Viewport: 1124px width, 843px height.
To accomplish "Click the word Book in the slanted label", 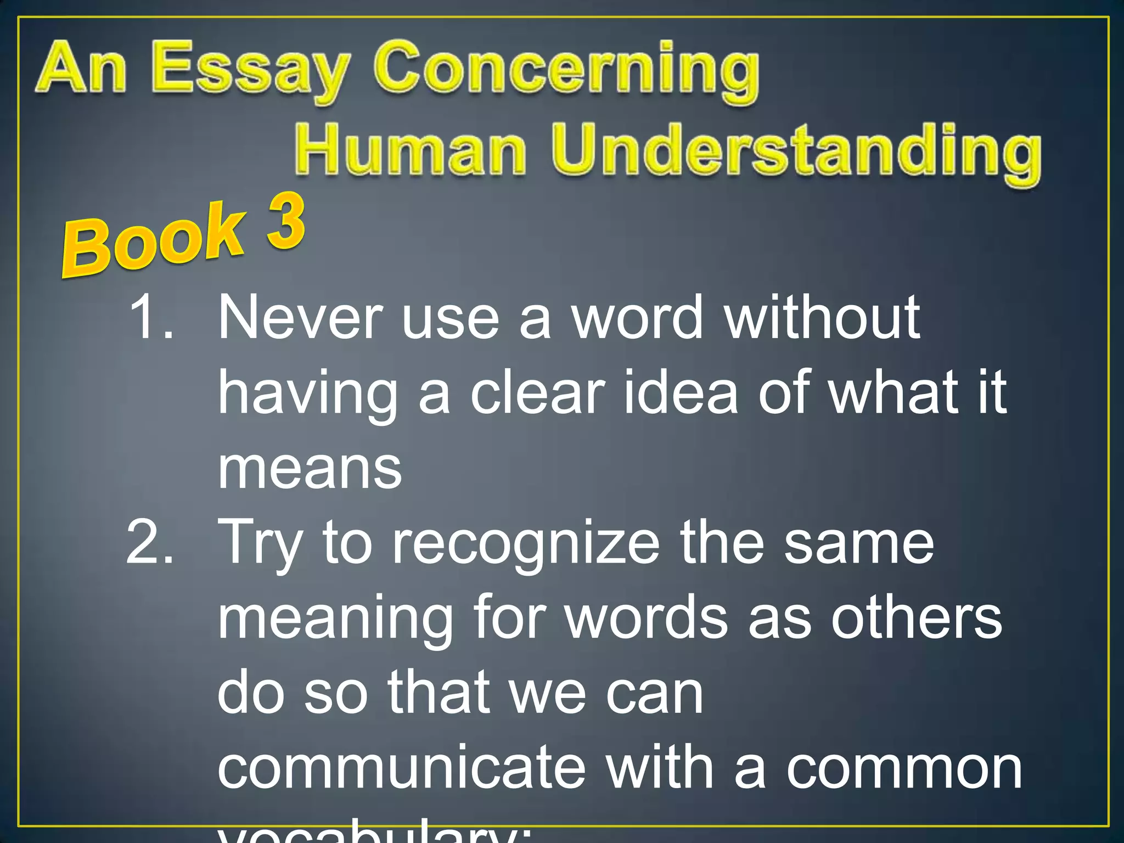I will point(154,241).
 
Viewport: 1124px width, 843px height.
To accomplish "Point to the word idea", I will point(681,392).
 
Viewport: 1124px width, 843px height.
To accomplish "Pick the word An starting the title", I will point(82,69).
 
